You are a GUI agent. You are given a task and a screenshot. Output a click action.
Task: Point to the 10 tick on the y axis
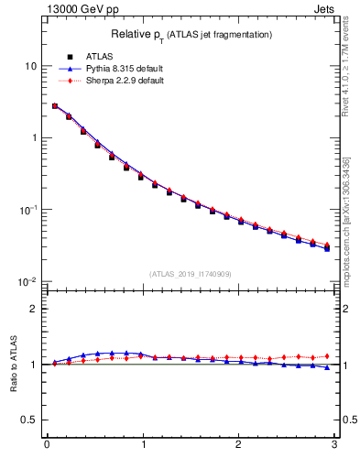tap(31, 66)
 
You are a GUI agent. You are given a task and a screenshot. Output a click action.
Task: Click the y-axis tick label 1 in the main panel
tap(34, 137)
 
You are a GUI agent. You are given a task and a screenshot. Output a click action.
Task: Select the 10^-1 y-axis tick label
tap(28, 209)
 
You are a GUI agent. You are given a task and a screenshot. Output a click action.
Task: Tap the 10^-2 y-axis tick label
tap(28, 281)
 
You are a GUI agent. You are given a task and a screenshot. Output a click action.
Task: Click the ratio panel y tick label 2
tap(34, 309)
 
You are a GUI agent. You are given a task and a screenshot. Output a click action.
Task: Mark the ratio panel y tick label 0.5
tap(29, 420)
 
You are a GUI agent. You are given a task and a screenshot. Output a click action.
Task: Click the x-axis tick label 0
tap(47, 446)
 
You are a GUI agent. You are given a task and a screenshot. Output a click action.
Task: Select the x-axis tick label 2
tap(238, 446)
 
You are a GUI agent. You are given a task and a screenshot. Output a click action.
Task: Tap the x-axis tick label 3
tap(333, 446)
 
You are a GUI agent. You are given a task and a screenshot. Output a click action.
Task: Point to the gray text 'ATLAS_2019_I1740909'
tap(191, 273)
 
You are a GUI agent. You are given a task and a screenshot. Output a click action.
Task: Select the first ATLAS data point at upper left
tap(55, 106)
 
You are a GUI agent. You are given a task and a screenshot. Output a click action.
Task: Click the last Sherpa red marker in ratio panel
tap(326, 356)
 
